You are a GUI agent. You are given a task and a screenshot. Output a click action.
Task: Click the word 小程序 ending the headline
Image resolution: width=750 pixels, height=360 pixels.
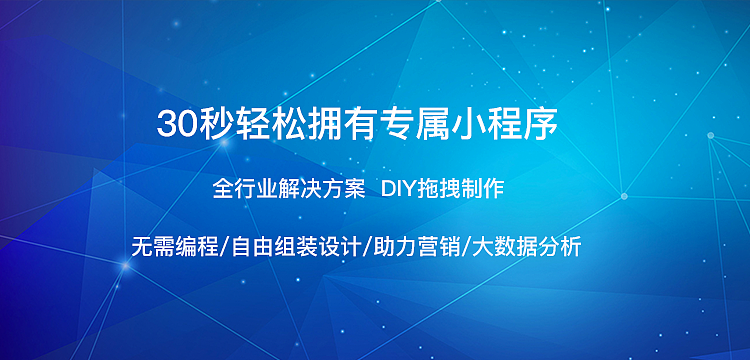tap(530, 125)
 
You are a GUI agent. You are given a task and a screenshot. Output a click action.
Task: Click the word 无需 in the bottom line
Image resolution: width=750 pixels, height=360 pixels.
tap(151, 246)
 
